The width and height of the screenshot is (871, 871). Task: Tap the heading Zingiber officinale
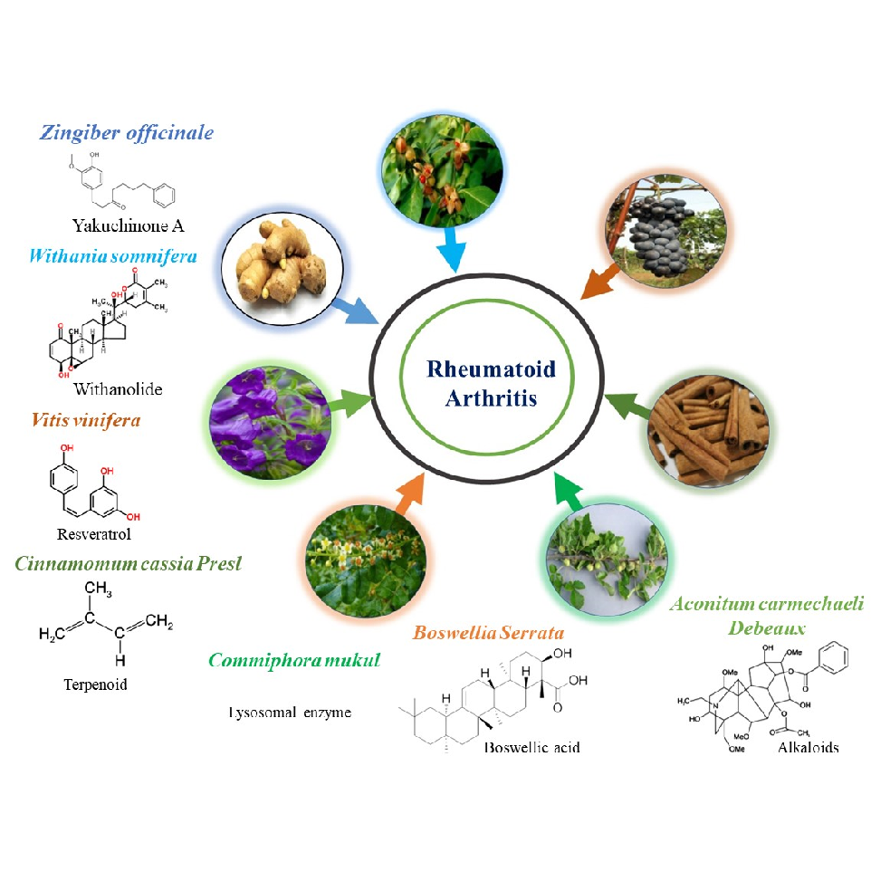[x=127, y=132]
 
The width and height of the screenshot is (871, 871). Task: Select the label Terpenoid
[x=95, y=684]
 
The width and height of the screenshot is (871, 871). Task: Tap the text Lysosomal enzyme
[x=289, y=713]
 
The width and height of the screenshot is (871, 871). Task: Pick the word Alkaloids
[x=808, y=747]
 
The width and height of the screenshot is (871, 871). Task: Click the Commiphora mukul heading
[x=294, y=660]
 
